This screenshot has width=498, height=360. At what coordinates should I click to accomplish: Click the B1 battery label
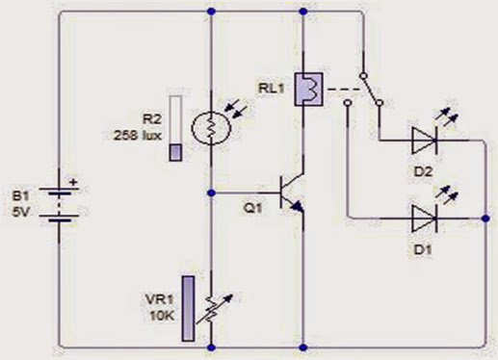pyautogui.click(x=20, y=196)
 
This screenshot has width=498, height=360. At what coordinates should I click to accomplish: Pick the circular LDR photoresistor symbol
pyautogui.click(x=208, y=127)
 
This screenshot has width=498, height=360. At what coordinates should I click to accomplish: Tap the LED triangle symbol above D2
pyautogui.click(x=424, y=140)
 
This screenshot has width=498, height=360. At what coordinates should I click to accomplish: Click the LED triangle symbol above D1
pyautogui.click(x=424, y=217)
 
